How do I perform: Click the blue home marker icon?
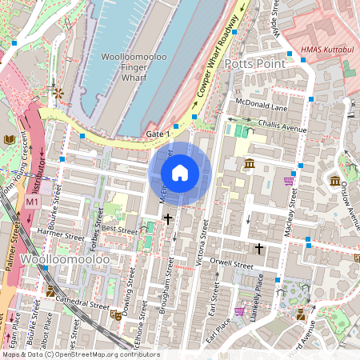tap(180, 173)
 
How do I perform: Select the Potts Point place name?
tap(254, 63)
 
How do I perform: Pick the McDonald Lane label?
tap(261, 106)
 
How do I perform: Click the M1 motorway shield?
tap(31, 203)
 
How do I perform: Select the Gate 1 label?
tap(158, 134)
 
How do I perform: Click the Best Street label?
tap(121, 229)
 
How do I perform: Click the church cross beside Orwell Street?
tap(258, 249)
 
